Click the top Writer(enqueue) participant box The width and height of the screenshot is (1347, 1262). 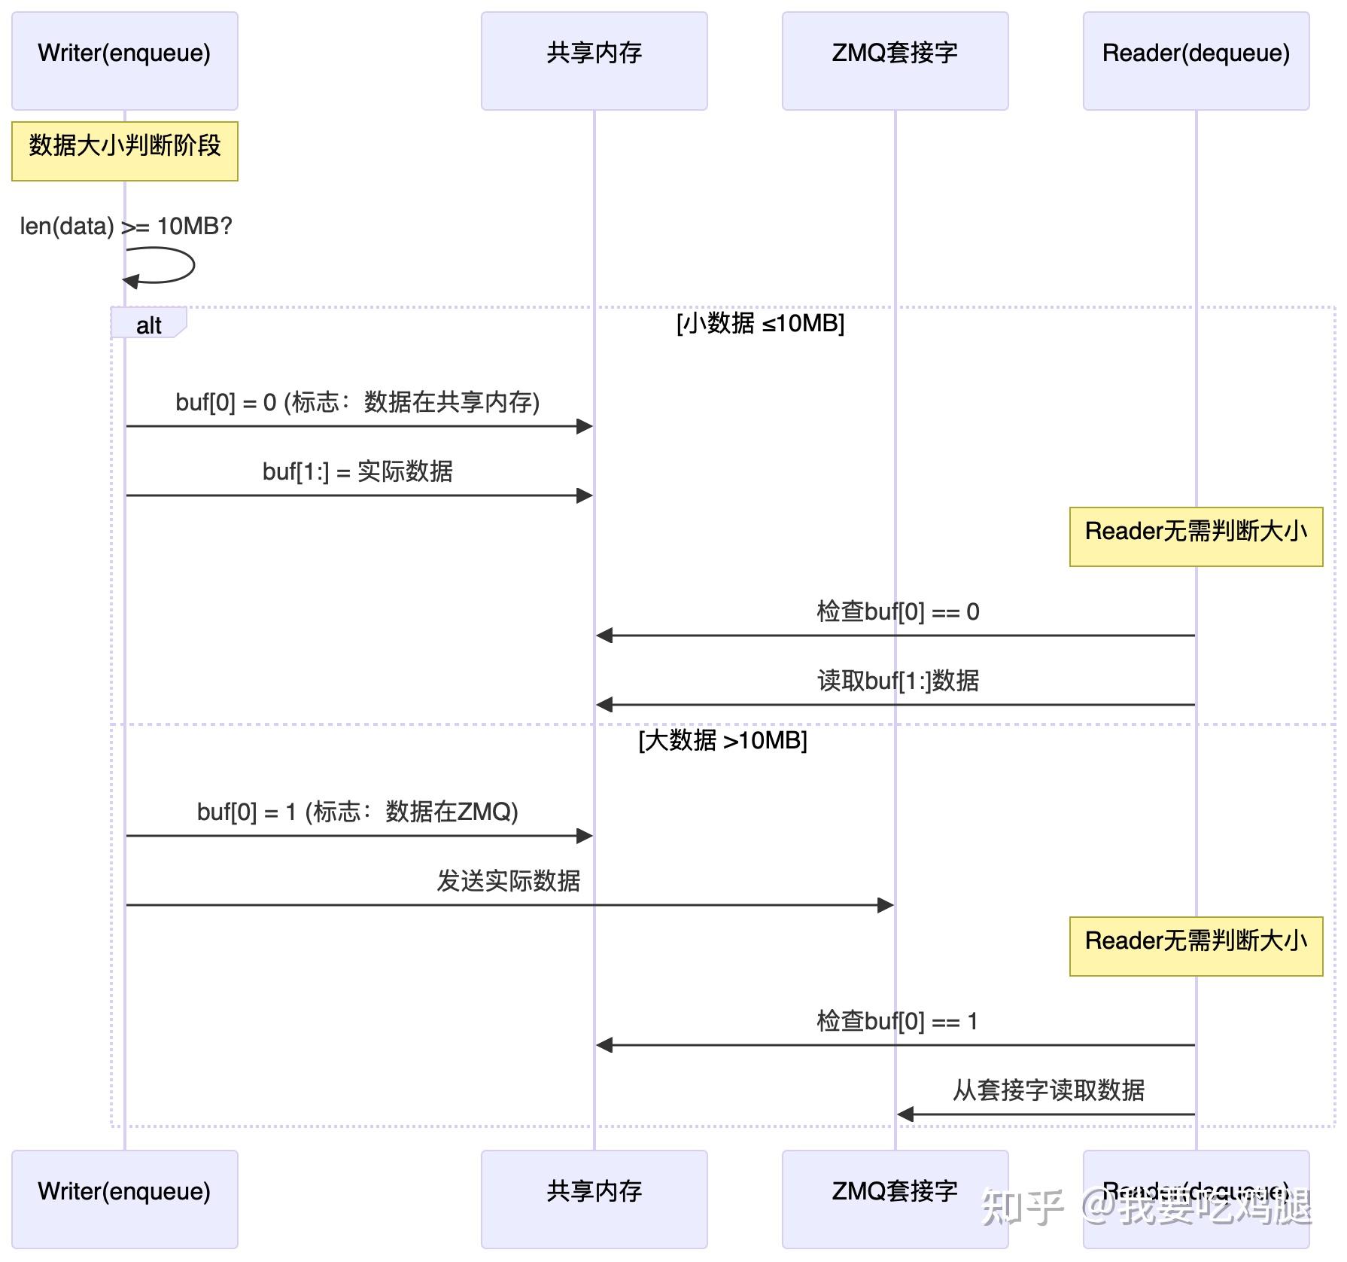coord(124,60)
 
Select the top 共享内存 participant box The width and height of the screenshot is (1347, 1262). coord(594,60)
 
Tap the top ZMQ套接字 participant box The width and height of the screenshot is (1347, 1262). coord(895,60)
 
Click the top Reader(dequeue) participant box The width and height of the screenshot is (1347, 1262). coord(1196,60)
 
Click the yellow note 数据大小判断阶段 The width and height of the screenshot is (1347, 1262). coord(124,151)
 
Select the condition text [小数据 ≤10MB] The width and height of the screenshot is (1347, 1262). coord(760,324)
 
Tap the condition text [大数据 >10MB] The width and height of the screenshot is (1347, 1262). coord(722,741)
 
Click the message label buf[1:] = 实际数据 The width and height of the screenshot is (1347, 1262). coord(357,472)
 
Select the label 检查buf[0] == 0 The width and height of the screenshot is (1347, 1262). coord(898,612)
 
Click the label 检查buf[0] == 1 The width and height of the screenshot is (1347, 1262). coord(897,1022)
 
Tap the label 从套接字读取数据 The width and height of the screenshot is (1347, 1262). coord(1048,1090)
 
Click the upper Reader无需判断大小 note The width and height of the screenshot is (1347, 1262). coord(1196,536)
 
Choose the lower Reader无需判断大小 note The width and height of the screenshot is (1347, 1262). coord(1196,946)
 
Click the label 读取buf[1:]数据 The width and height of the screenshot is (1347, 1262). coord(898,681)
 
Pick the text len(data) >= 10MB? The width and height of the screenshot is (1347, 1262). coord(126,226)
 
